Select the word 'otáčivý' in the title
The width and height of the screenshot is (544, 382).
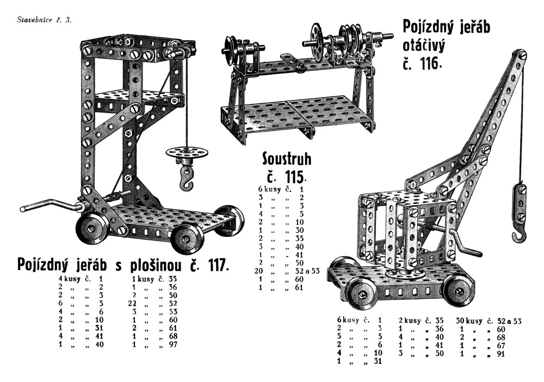[x=424, y=45]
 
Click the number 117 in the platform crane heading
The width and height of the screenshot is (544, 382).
[x=215, y=265]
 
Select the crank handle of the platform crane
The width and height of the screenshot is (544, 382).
[x=49, y=206]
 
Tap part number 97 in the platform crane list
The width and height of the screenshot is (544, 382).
[x=175, y=344]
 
